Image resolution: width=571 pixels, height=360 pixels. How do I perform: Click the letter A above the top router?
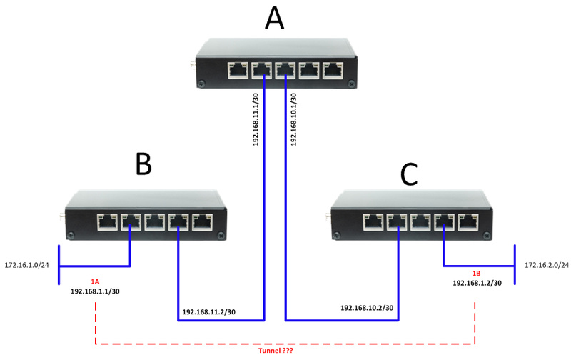click(274, 19)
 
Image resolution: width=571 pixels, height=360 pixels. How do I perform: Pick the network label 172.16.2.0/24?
click(547, 266)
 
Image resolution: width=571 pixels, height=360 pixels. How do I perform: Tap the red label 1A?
click(96, 281)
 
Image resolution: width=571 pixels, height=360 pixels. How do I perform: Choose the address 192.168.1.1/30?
click(96, 291)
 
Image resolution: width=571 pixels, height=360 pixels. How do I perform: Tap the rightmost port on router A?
click(332, 71)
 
